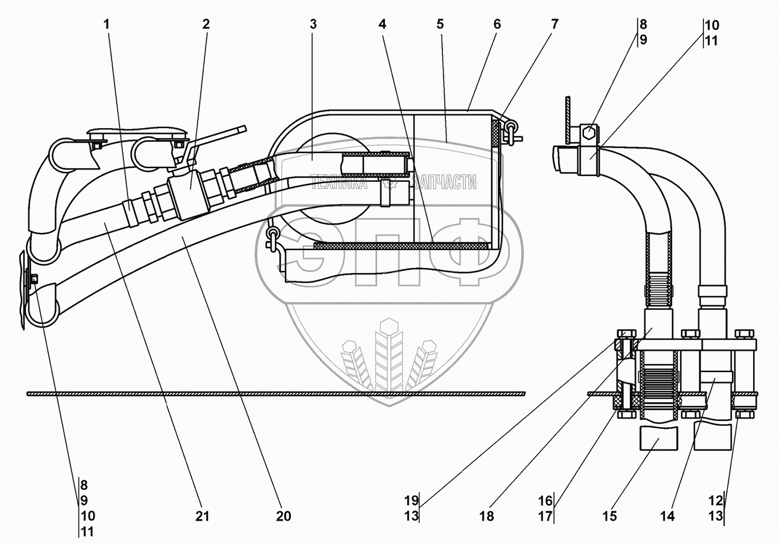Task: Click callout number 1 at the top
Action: [x=107, y=24]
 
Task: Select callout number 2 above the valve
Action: [x=206, y=24]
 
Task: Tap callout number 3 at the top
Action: [x=313, y=24]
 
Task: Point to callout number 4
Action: [x=382, y=24]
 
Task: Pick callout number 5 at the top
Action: [x=440, y=24]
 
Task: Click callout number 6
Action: [x=497, y=24]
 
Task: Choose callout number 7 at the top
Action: [x=554, y=24]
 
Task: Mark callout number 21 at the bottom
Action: [x=202, y=516]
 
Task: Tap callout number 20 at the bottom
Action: [x=283, y=516]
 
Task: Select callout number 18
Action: [x=487, y=516]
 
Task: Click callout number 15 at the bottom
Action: [x=609, y=516]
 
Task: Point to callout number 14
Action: [x=667, y=516]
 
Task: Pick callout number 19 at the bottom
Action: [x=411, y=501]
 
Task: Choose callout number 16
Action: [x=545, y=501]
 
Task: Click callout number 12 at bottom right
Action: [x=715, y=501]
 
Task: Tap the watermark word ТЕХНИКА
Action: [x=339, y=182]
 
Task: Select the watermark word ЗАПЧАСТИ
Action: [x=444, y=182]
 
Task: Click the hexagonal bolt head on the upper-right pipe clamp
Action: [x=589, y=133]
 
